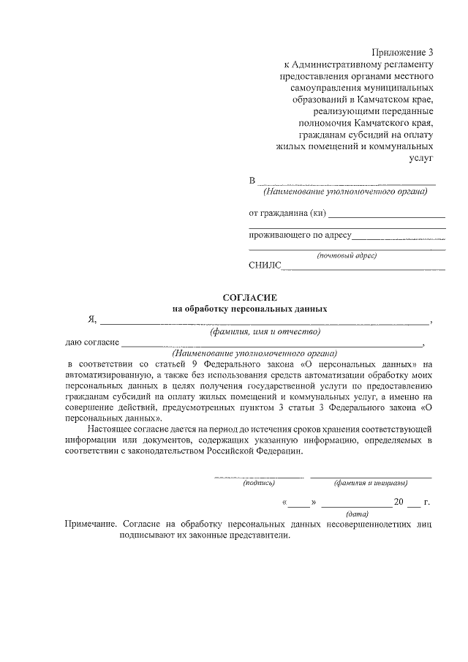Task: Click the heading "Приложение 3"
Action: (x=403, y=53)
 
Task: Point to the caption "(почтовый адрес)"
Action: (x=347, y=256)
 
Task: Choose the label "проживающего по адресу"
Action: (x=301, y=236)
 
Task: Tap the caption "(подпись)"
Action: (x=258, y=483)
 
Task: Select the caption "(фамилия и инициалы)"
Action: (x=371, y=483)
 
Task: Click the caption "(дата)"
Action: (x=358, y=514)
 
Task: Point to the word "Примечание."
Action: (x=91, y=524)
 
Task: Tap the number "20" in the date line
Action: (x=399, y=502)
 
